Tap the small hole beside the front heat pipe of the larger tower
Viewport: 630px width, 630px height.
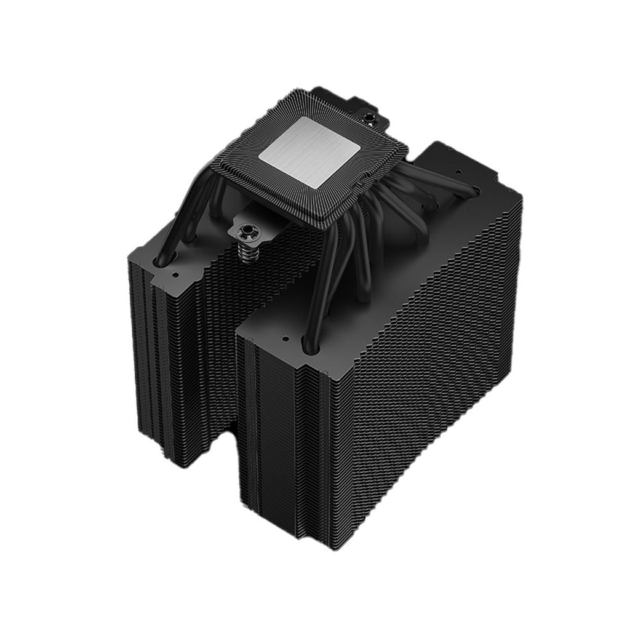[x=285, y=338]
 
